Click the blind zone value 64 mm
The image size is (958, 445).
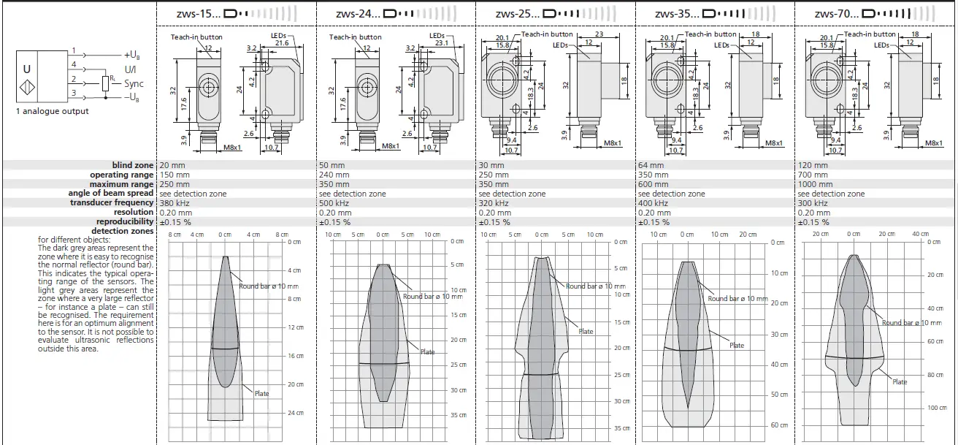click(x=649, y=165)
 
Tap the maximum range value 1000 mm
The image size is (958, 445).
click(x=814, y=184)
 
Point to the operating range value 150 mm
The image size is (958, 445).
click(x=174, y=175)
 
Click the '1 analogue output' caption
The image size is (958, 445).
click(x=53, y=111)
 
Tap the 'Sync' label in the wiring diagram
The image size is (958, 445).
click(x=134, y=84)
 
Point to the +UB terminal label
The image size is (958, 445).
click(x=134, y=56)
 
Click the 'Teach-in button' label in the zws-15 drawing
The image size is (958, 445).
click(x=196, y=37)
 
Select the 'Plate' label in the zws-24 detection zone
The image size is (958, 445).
click(x=427, y=352)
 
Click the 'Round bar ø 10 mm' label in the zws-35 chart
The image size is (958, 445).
click(x=737, y=298)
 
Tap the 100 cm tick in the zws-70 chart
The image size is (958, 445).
click(x=937, y=408)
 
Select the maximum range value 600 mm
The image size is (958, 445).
click(x=650, y=184)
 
